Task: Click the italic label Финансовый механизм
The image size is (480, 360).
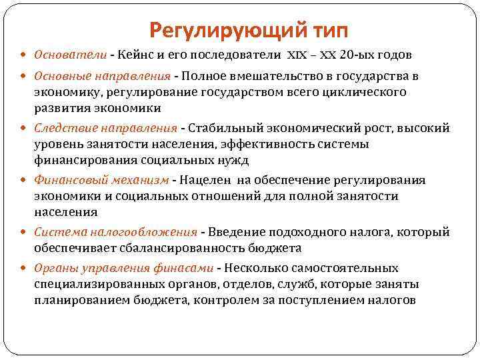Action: pyautogui.click(x=101, y=180)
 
